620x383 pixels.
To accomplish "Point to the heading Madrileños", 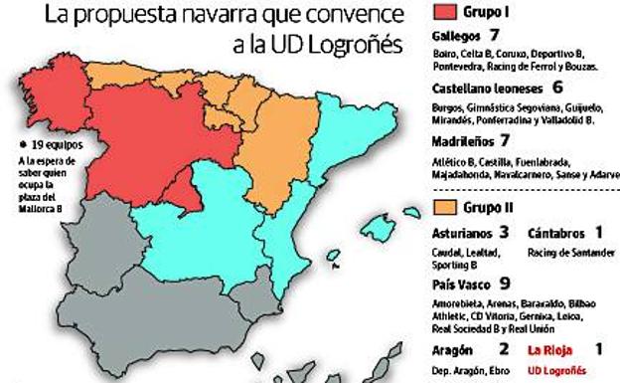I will click(x=464, y=141).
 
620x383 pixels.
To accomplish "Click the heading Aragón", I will click(x=456, y=349).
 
